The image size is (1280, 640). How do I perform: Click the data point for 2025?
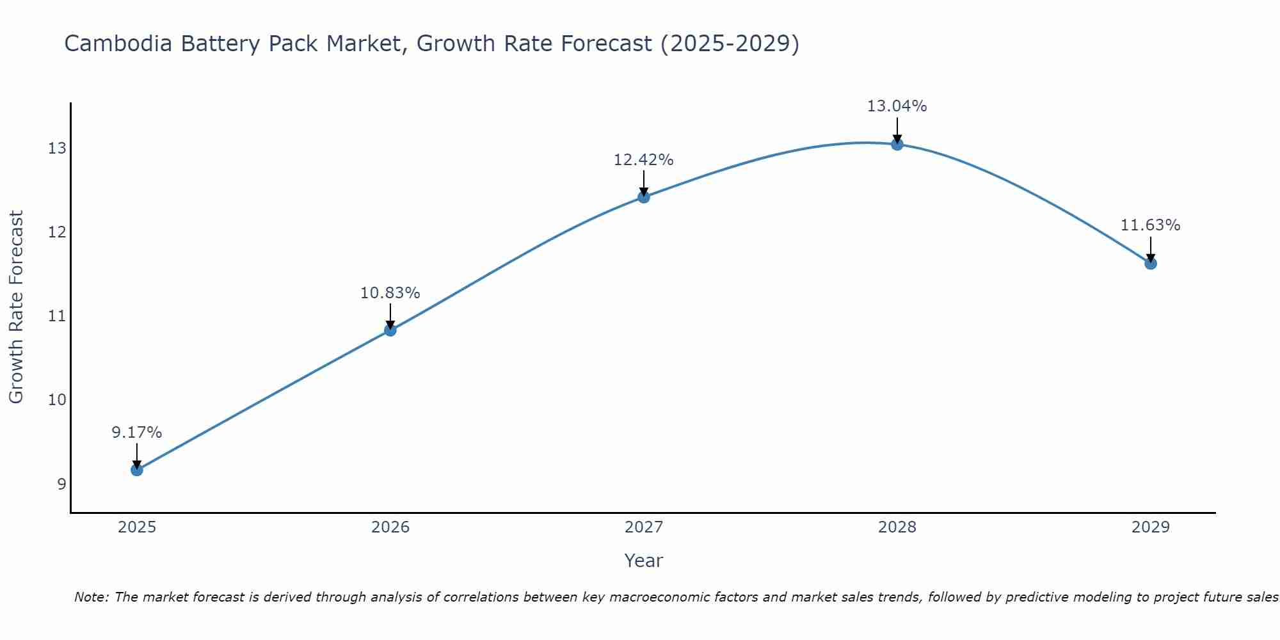point(137,470)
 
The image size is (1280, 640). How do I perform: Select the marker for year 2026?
point(390,330)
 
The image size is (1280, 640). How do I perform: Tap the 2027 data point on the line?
point(644,197)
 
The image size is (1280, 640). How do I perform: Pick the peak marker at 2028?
point(897,145)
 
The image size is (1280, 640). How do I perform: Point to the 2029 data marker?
point(1151,263)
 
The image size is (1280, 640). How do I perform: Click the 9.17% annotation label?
point(137,433)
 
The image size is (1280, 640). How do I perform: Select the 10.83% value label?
point(390,293)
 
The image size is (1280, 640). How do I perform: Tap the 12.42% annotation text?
point(644,160)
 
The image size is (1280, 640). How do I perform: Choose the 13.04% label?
point(897,106)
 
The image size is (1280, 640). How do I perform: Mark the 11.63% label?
point(1151,225)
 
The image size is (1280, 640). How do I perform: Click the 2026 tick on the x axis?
point(390,527)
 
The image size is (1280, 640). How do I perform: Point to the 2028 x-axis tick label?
point(897,527)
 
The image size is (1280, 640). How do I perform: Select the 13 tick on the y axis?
point(57,148)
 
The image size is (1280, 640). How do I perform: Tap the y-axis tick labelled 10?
point(57,400)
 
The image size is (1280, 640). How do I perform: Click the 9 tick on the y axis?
point(61,484)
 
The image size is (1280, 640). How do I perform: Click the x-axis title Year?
point(644,561)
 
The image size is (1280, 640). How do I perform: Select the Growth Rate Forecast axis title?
point(17,307)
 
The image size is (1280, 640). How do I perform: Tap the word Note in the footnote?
point(91,598)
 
